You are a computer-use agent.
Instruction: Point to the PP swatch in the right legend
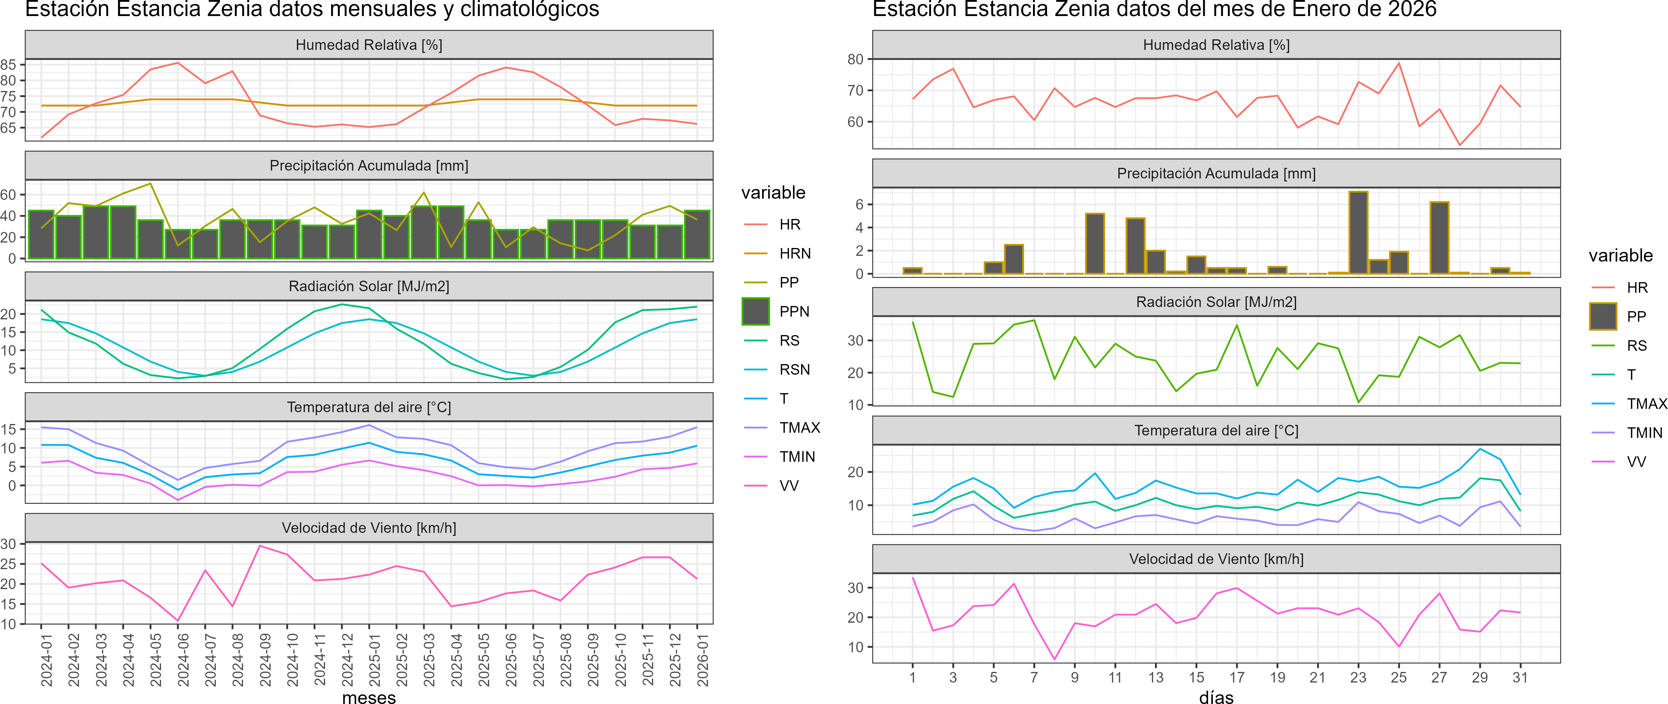1603,316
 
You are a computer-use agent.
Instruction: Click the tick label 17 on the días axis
1237,677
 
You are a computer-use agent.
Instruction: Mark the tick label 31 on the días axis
1520,677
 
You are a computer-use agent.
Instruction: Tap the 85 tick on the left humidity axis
8,65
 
